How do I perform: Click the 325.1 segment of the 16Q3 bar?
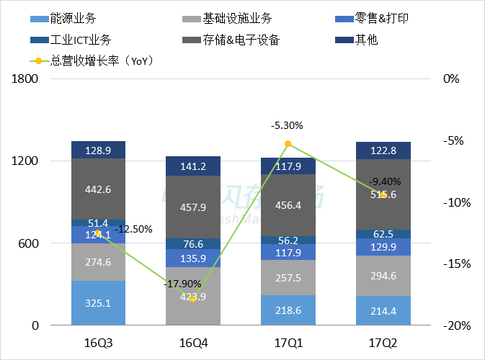pyautogui.click(x=98, y=303)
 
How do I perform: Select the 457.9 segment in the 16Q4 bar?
pyautogui.click(x=192, y=207)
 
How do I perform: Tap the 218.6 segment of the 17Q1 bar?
pyautogui.click(x=288, y=310)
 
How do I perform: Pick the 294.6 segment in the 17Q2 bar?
pyautogui.click(x=383, y=276)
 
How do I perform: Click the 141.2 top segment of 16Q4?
pyautogui.click(x=192, y=166)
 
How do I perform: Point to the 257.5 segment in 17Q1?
pyautogui.click(x=288, y=277)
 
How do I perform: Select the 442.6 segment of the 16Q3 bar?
pyautogui.click(x=98, y=189)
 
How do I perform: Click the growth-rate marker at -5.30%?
pyautogui.click(x=288, y=144)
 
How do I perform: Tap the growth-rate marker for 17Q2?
pyautogui.click(x=383, y=194)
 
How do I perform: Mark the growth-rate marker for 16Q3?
pyautogui.click(x=98, y=233)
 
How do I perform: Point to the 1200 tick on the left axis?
pyautogui.click(x=25, y=161)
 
